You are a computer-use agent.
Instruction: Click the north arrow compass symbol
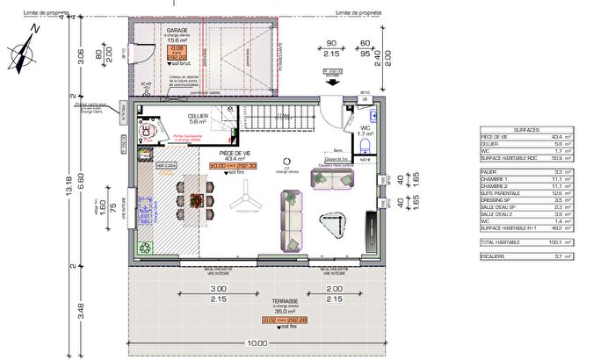[24, 50]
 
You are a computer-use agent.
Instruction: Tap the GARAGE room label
[178, 30]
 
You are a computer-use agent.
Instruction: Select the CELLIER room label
[197, 115]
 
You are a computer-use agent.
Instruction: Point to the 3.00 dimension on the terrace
[219, 289]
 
